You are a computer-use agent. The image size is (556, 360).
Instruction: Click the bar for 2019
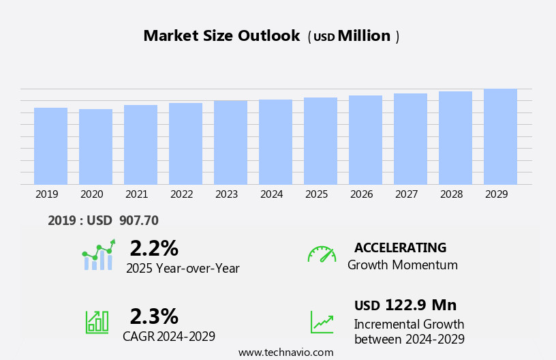pyautogui.click(x=50, y=146)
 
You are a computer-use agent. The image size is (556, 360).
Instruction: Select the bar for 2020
pyautogui.click(x=95, y=147)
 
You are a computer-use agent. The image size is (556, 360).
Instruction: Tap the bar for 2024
pyautogui.click(x=275, y=142)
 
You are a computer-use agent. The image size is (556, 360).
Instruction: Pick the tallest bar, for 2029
pyautogui.click(x=500, y=136)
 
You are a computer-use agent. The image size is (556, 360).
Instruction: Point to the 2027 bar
pyautogui.click(x=410, y=139)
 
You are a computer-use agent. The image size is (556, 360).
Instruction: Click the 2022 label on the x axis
pyautogui.click(x=182, y=194)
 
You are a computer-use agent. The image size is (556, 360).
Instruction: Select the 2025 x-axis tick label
pyautogui.click(x=317, y=194)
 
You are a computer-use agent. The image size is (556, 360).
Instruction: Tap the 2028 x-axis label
pyautogui.click(x=452, y=194)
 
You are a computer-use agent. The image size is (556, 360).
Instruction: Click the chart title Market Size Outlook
pyautogui.click(x=221, y=36)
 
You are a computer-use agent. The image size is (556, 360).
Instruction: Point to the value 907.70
pyautogui.click(x=138, y=221)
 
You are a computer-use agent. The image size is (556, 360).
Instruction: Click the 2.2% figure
pyautogui.click(x=154, y=248)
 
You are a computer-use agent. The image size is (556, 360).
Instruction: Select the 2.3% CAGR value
pyautogui.click(x=154, y=316)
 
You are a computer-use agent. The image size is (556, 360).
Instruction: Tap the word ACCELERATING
pyautogui.click(x=401, y=247)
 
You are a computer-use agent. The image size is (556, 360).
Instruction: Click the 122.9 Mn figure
pyautogui.click(x=420, y=305)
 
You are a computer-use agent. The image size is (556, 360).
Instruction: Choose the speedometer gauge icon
pyautogui.click(x=322, y=254)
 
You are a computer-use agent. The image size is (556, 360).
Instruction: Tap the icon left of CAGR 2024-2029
pyautogui.click(x=97, y=321)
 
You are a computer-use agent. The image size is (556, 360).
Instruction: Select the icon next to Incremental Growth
pyautogui.click(x=322, y=322)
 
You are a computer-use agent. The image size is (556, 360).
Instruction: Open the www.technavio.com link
pyautogui.click(x=285, y=352)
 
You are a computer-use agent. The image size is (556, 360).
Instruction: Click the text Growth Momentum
pyautogui.click(x=403, y=265)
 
